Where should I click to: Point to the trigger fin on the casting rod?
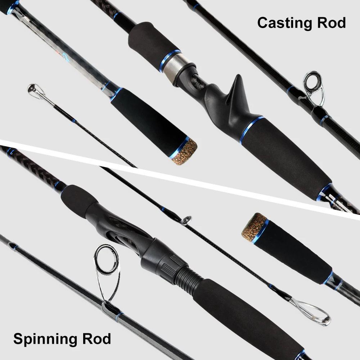tap(236, 90)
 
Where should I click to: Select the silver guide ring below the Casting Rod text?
tap(313, 85)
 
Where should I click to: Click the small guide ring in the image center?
tap(186, 220)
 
